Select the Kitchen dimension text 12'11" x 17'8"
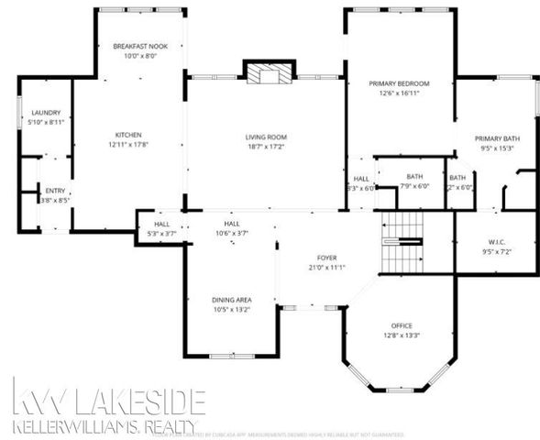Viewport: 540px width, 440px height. tap(127, 144)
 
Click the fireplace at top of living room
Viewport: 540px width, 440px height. tap(267, 74)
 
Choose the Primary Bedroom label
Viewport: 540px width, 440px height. tap(399, 83)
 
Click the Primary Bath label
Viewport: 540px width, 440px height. tap(495, 138)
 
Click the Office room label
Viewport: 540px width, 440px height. tap(401, 325)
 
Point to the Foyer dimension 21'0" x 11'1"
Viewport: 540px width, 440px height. tap(325, 268)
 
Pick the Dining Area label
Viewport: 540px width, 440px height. tap(231, 300)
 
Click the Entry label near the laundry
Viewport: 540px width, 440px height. tap(55, 191)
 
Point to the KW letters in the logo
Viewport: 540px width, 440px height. tap(38, 400)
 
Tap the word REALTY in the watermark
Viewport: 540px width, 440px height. tap(166, 426)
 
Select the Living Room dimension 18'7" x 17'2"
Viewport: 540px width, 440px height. tap(267, 145)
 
